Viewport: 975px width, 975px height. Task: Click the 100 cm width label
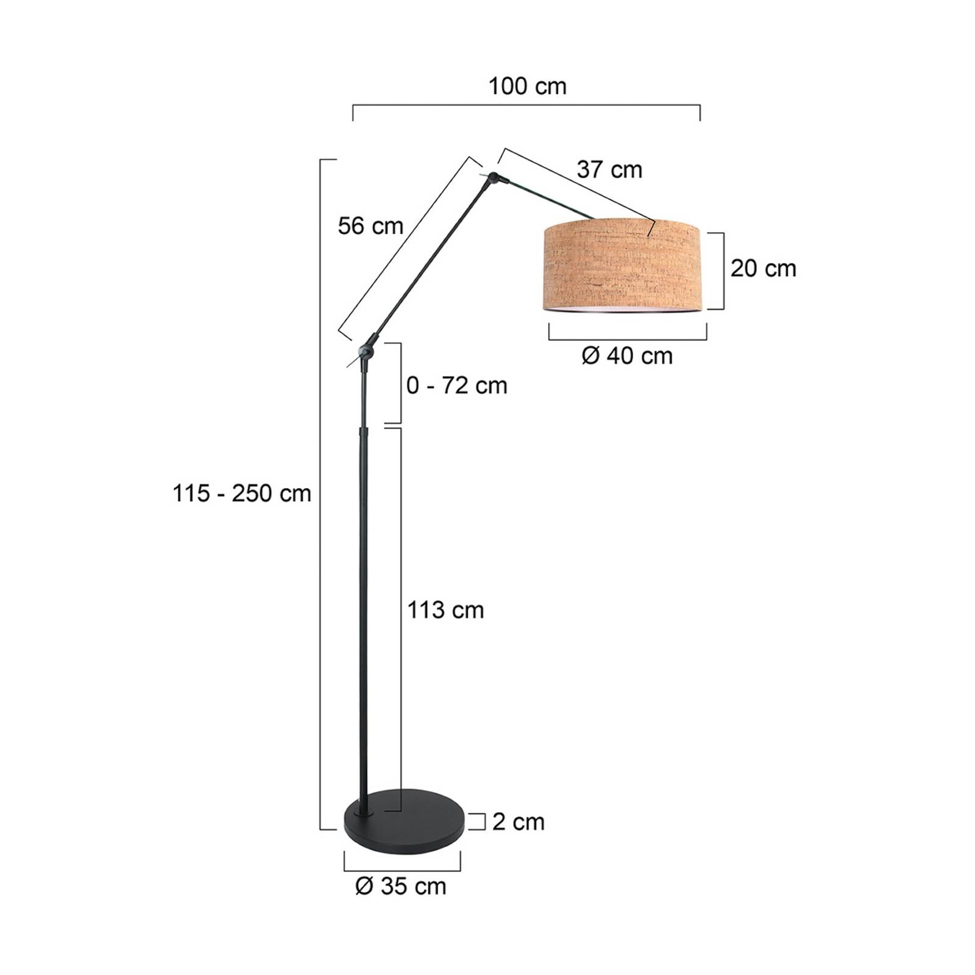pos(527,87)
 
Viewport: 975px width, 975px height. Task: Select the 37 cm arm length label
pos(609,169)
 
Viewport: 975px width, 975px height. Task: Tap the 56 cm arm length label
pos(370,226)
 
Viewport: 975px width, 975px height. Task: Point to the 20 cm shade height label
pos(763,268)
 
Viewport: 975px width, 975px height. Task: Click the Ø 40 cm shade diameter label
pos(627,356)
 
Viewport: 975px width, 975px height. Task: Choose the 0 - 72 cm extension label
pos(456,386)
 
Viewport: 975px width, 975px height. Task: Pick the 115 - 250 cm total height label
pos(242,493)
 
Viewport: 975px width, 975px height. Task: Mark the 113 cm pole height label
pos(445,610)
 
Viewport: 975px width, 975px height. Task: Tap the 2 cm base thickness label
pos(518,822)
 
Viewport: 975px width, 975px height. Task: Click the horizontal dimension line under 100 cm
pos(526,106)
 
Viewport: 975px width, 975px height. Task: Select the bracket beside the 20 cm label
pos(723,271)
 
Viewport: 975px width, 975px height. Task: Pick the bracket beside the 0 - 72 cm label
pos(400,383)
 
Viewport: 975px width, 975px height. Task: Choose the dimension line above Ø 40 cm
pos(628,339)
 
